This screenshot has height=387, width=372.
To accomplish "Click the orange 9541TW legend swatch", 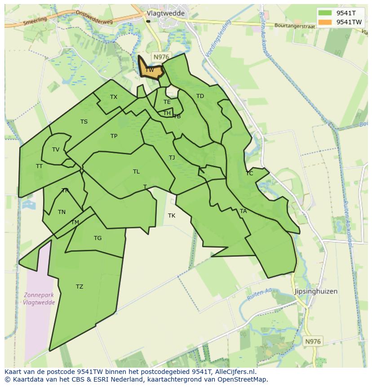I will coord(325,22).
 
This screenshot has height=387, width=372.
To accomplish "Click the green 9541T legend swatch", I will coord(325,13).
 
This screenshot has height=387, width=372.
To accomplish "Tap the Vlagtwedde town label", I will coord(166,13).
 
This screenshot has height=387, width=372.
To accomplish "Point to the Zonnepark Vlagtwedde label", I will coord(39,299).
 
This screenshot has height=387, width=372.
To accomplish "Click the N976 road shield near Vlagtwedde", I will coord(160,57).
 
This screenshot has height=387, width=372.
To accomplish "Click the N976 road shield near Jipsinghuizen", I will coord(313,342).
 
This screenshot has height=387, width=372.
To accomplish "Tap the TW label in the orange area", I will coord(150,70).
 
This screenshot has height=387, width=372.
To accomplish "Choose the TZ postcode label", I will coord(80,287).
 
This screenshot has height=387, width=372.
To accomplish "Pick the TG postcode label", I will coord(97,238).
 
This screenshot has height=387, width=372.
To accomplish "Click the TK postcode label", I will coord(172,216).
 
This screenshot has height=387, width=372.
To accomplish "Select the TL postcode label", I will coord(136,172).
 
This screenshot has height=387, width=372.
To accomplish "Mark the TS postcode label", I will coord(84,122).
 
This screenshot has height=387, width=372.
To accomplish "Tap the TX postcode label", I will coord(114,97).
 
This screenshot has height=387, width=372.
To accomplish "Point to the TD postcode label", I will coord(200,96).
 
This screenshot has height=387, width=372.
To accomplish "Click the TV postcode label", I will coord(56,150).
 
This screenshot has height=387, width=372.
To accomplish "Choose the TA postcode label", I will coord(243,211).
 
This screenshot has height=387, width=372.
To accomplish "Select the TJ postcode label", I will coord(172,158).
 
